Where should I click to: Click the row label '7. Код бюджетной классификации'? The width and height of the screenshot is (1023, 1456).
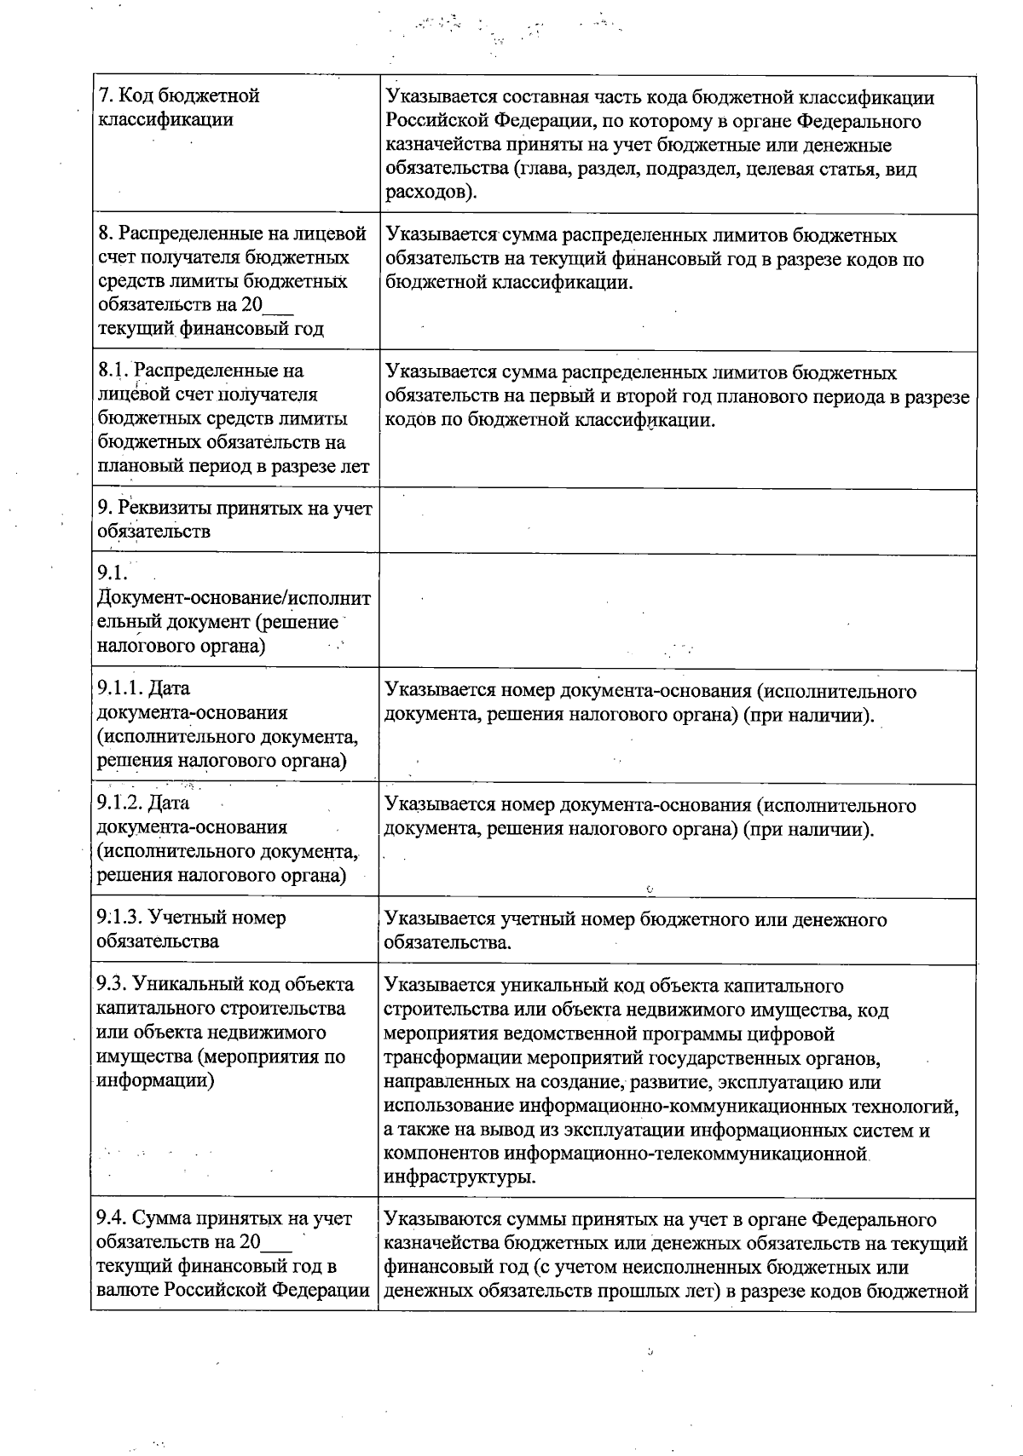pos(179,107)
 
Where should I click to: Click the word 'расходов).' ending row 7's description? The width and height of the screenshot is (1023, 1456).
pos(431,193)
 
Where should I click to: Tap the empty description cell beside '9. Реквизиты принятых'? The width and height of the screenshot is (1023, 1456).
pos(678,521)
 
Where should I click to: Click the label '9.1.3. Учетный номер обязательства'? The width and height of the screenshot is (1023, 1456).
pos(192,929)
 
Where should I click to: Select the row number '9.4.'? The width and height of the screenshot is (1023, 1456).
pos(113,1219)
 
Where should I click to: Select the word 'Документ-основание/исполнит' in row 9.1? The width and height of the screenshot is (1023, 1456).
pos(234,598)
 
